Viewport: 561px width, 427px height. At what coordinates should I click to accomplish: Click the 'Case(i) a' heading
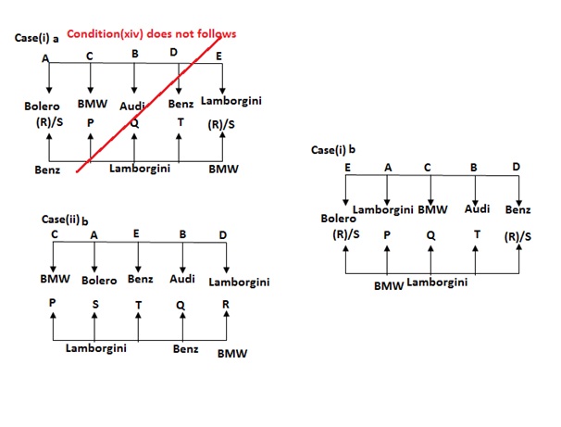pyautogui.click(x=36, y=39)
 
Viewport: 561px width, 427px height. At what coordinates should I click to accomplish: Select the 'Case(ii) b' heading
pyautogui.click(x=65, y=220)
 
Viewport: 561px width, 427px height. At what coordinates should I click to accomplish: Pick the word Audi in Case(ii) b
pyautogui.click(x=182, y=278)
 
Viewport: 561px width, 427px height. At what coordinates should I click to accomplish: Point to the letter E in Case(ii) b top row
pyautogui.click(x=136, y=234)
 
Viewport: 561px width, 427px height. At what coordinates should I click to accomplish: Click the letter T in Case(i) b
pyautogui.click(x=476, y=235)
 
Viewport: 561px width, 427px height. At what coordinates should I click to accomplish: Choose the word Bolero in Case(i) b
pyautogui.click(x=338, y=219)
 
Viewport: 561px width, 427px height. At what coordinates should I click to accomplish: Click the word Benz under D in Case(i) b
pyautogui.click(x=517, y=210)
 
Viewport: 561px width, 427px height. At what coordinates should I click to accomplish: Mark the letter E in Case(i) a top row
pyautogui.click(x=219, y=56)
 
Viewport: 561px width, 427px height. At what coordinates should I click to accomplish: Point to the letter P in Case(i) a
pyautogui.click(x=91, y=121)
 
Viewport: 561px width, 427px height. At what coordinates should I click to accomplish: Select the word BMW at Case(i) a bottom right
pyautogui.click(x=221, y=170)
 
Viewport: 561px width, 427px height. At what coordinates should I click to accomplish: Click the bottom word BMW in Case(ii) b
pyautogui.click(x=232, y=354)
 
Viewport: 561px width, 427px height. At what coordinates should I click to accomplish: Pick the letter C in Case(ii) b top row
pyautogui.click(x=55, y=234)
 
